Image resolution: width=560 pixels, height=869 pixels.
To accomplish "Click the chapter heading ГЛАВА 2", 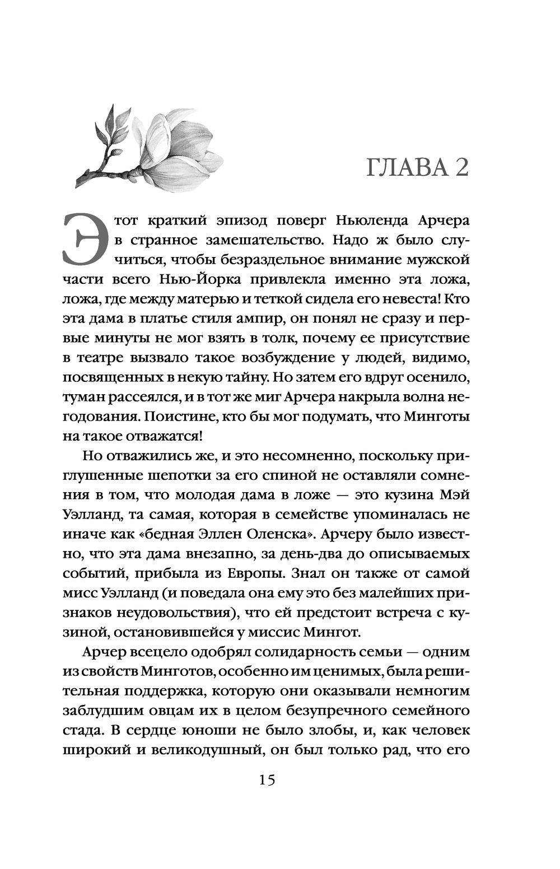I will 417,167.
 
